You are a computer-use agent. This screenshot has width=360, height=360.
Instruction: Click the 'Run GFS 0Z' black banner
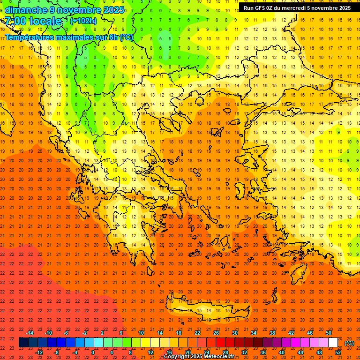299,8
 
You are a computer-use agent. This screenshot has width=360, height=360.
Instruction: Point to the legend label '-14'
30,333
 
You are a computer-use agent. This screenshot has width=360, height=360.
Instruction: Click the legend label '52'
338,352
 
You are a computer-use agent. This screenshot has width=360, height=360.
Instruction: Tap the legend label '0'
93,352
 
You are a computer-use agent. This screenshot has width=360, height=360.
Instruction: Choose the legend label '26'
216,333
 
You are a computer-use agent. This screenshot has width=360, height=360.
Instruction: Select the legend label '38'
272,333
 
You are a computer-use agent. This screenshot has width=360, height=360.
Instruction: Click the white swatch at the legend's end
333,343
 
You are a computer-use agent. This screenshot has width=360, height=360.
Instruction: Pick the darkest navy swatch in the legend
24,343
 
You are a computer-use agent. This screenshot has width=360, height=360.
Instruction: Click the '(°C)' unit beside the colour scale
349,343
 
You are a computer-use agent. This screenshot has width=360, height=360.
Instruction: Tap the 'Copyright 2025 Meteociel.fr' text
199,357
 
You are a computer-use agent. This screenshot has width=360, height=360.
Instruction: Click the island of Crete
206,309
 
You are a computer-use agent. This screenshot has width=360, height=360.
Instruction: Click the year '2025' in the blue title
113,10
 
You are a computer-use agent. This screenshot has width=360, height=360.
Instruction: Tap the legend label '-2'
84,333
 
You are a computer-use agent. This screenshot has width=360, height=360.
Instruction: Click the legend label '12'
150,352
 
